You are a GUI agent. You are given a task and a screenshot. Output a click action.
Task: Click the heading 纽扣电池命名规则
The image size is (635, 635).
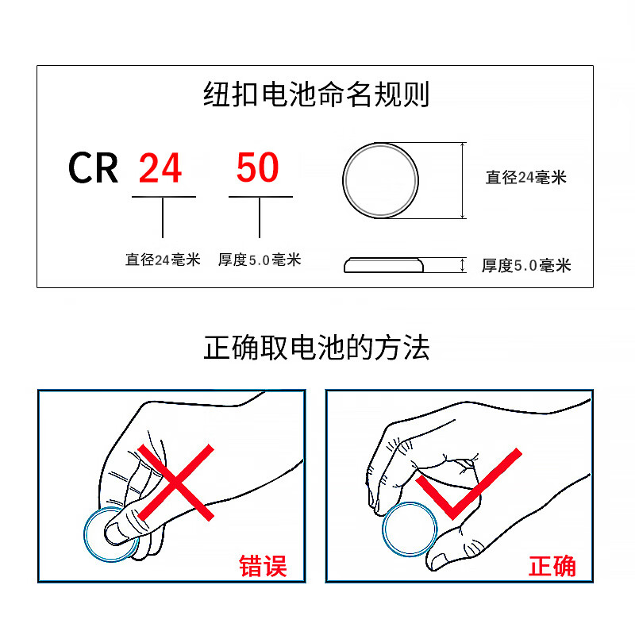[x=316, y=94]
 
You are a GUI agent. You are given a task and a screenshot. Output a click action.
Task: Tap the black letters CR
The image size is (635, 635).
[x=93, y=167]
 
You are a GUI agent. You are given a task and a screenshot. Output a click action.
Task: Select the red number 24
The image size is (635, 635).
[x=160, y=167]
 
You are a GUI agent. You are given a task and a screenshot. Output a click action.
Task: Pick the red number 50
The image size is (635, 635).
[x=258, y=167]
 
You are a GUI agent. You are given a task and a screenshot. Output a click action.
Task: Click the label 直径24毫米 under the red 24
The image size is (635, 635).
[x=163, y=260]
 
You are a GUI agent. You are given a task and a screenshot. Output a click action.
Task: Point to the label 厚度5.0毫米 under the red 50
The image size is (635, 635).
[x=260, y=260]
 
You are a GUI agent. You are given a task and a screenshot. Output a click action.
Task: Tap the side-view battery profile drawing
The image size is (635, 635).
[x=383, y=265]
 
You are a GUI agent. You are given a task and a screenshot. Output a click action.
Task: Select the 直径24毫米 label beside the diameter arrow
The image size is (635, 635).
[x=526, y=177]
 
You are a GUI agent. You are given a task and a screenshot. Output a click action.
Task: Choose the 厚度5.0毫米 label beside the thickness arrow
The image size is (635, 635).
[x=526, y=266]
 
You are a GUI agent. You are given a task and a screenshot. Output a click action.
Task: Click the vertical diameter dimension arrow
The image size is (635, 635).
[x=463, y=180]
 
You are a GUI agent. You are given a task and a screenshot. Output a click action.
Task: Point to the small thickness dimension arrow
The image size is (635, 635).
[x=463, y=265]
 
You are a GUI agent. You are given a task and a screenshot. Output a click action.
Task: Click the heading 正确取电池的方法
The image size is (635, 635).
[x=316, y=348]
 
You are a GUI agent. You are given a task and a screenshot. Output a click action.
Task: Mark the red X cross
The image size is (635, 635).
[x=175, y=483]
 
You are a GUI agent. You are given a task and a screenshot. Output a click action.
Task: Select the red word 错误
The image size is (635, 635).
[x=263, y=566]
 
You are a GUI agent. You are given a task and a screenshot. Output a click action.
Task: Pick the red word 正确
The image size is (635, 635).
[x=552, y=566]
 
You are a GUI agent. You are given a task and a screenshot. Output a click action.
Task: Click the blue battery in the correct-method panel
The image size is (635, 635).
[x=410, y=529]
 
